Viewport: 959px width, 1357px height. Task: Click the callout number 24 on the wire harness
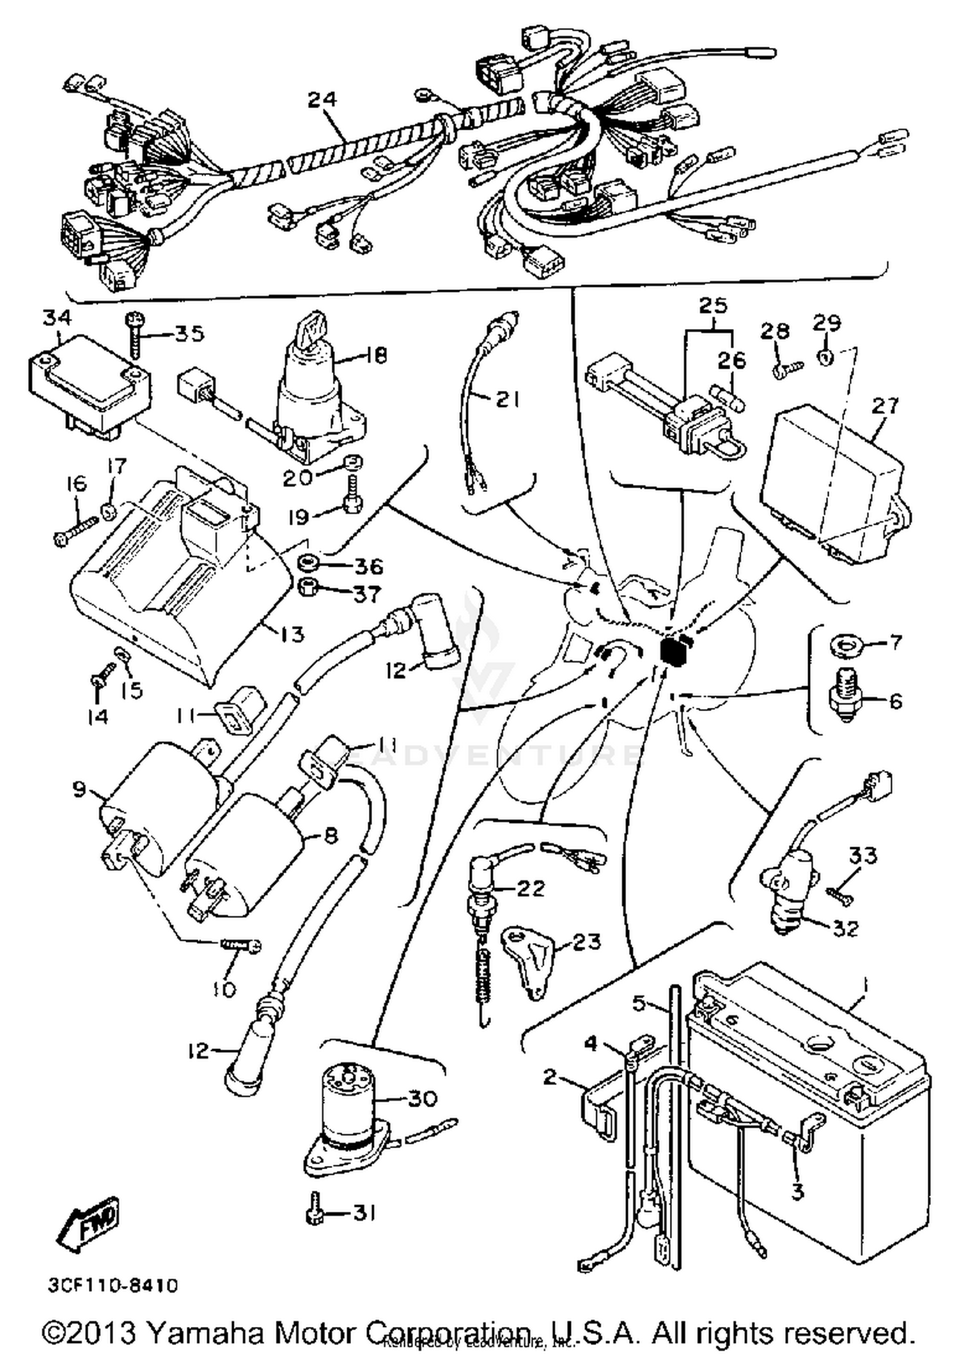322,100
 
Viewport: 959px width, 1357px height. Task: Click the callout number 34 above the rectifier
58,317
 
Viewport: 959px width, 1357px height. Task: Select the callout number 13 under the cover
290,634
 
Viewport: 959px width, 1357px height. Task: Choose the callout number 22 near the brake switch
529,888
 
